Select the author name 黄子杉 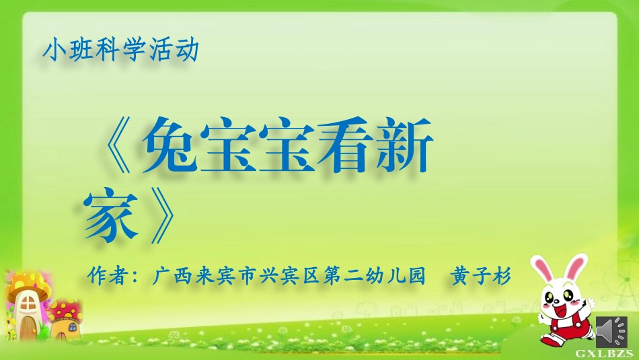[x=481, y=276]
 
